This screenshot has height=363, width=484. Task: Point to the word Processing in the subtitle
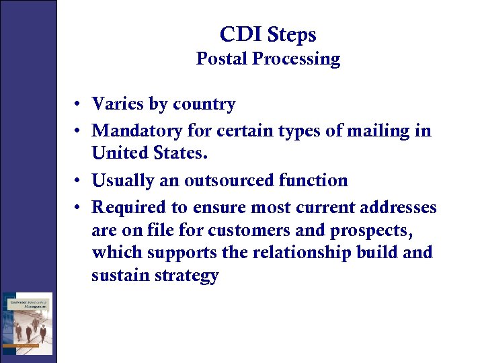tap(296, 59)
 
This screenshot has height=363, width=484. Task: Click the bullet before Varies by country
tap(79, 105)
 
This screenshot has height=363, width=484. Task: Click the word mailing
tap(385, 130)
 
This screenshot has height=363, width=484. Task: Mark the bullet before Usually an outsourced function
tap(79, 181)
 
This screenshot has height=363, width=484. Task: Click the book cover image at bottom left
tap(27, 323)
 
